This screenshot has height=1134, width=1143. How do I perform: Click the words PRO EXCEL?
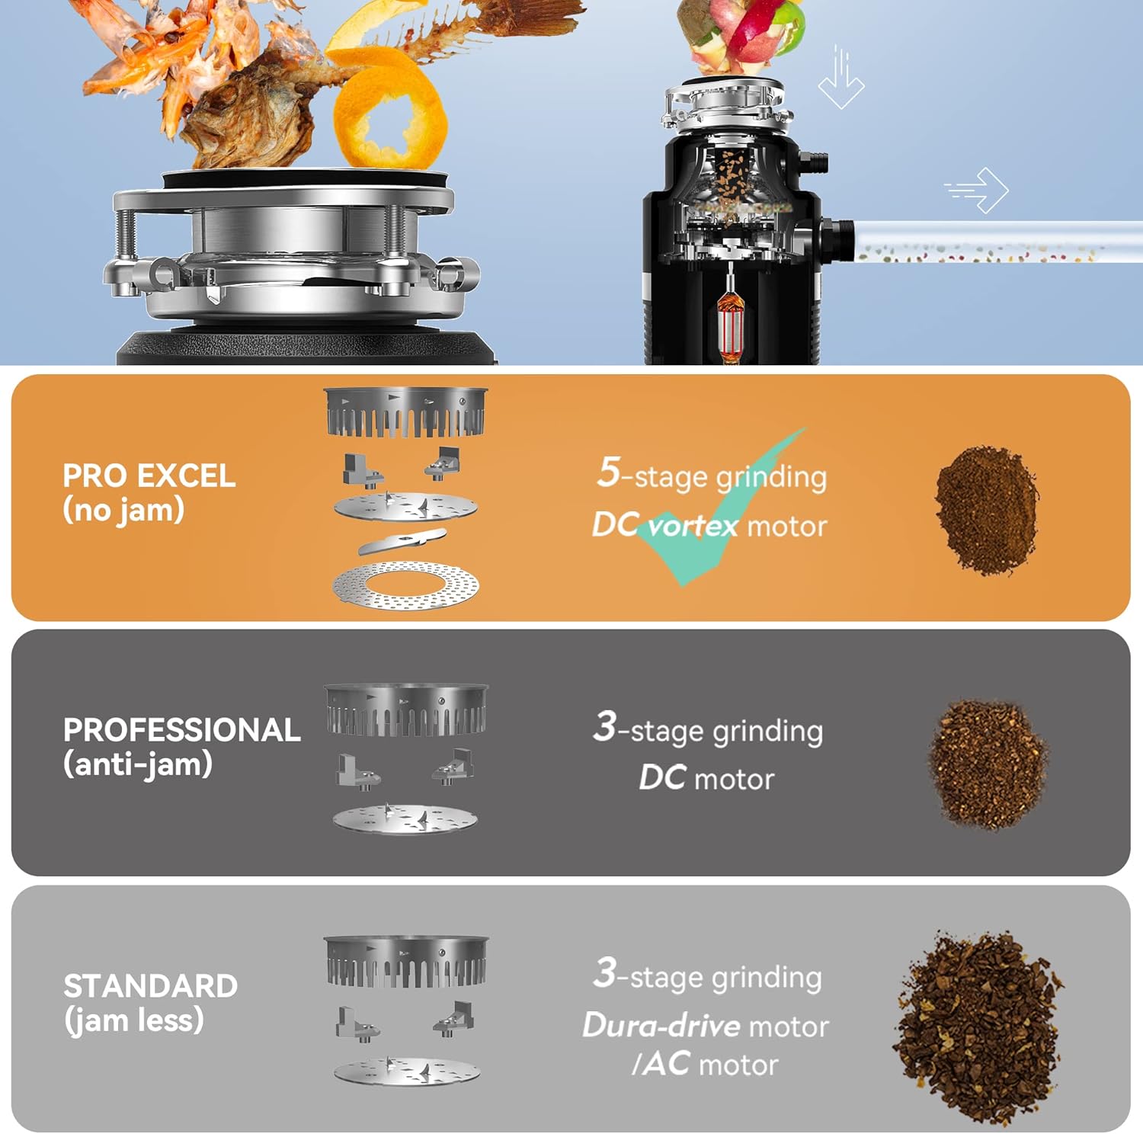click(x=149, y=476)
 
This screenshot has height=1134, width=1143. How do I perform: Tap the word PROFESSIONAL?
click(x=181, y=729)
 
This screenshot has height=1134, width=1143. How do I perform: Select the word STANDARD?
click(x=150, y=985)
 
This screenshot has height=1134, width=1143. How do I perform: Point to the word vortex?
click(x=693, y=525)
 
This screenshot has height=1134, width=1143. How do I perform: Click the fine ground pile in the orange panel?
click(x=986, y=509)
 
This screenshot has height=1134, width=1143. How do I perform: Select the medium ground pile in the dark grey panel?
click(x=988, y=764)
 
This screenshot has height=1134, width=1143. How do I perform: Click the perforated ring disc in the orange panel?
click(x=405, y=585)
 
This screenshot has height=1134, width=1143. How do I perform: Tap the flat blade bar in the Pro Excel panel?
click(x=402, y=540)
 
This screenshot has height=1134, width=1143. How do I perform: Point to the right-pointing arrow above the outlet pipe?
click(x=977, y=190)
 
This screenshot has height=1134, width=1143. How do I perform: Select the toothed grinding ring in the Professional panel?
click(x=406, y=710)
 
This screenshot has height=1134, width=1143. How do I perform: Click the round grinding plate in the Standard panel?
click(x=407, y=1070)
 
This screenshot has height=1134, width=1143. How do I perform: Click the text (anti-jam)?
click(x=138, y=764)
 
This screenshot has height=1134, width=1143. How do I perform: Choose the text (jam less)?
click(x=134, y=1020)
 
